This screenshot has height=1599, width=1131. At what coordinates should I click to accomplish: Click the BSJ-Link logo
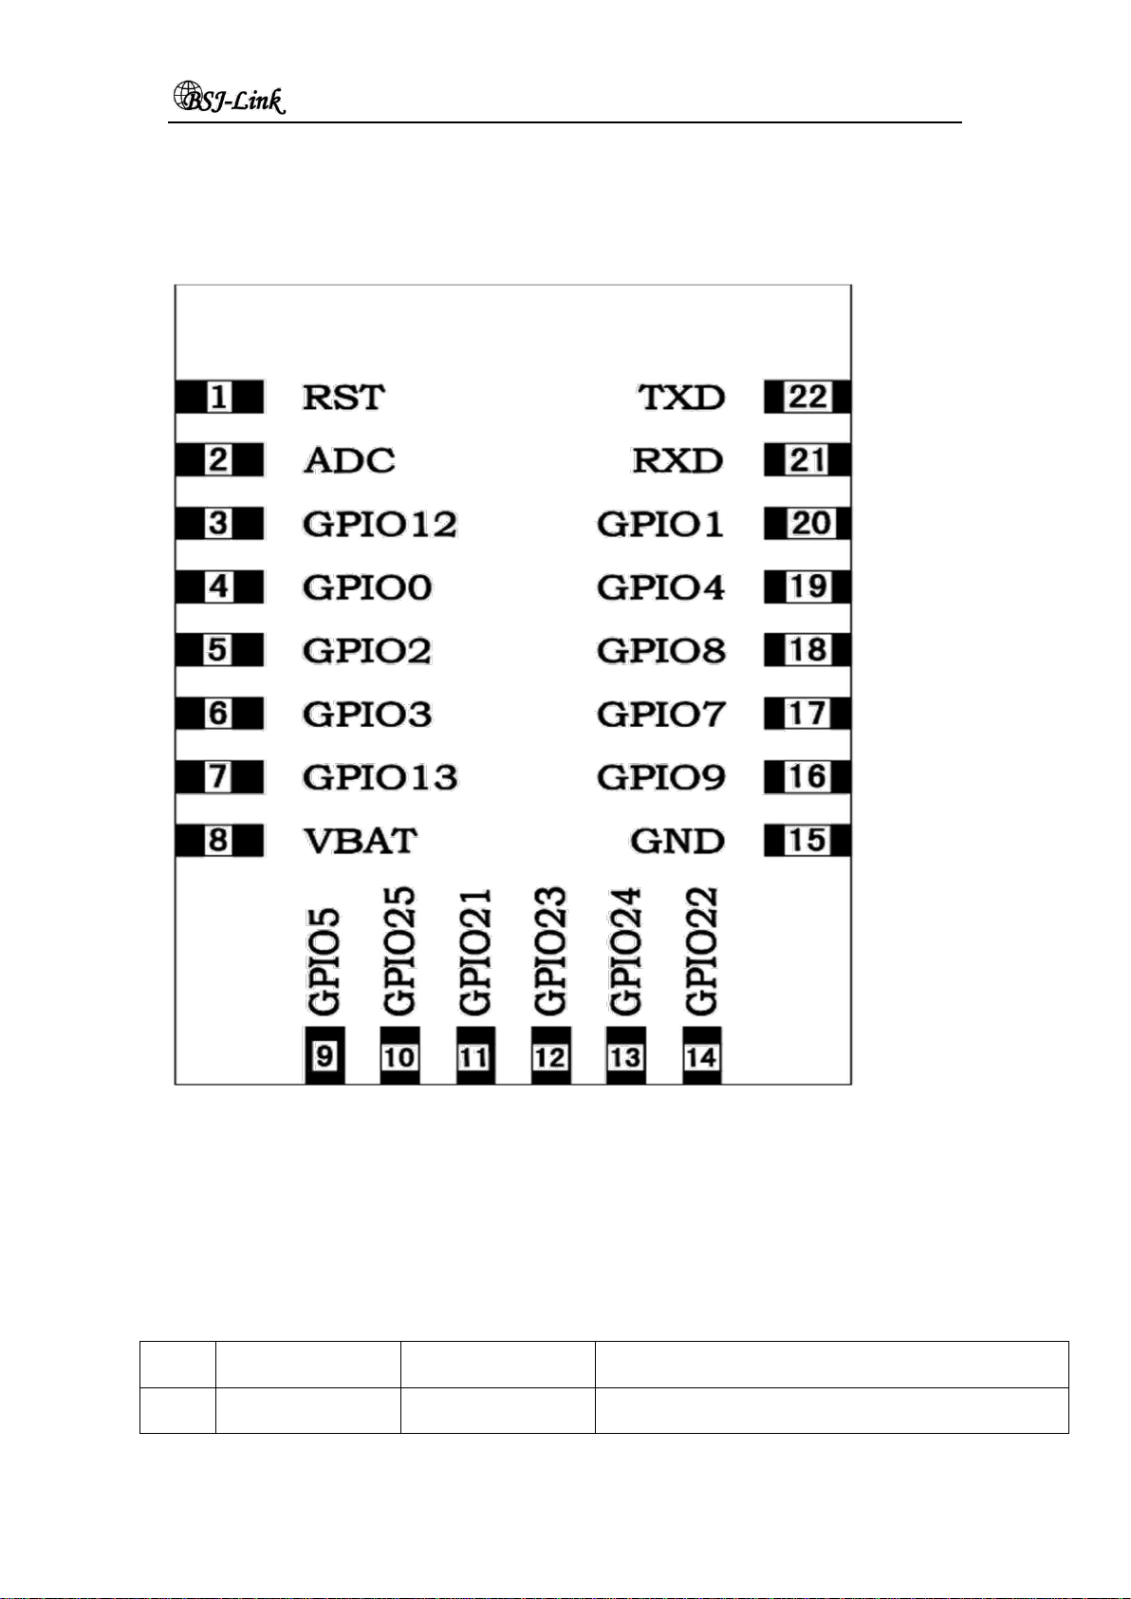pyautogui.click(x=229, y=99)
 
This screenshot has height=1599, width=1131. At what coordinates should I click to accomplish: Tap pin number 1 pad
pyautogui.click(x=219, y=397)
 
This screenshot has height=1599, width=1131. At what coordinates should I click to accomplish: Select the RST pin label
pyautogui.click(x=343, y=397)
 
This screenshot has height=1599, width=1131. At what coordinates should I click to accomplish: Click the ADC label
pyautogui.click(x=349, y=460)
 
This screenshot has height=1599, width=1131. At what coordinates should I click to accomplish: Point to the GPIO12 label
pyautogui.click(x=380, y=524)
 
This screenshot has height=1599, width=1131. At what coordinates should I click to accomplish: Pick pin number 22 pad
pyautogui.click(x=807, y=397)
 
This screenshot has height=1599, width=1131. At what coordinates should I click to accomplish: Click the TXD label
pyautogui.click(x=681, y=397)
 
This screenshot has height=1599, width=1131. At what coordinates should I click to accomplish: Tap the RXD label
pyautogui.click(x=678, y=460)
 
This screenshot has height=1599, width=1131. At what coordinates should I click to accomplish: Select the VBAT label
pyautogui.click(x=360, y=841)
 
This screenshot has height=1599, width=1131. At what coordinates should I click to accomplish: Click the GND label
pyautogui.click(x=677, y=841)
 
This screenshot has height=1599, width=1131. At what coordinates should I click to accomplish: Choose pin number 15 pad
pyautogui.click(x=807, y=840)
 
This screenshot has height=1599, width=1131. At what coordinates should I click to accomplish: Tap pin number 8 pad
pyautogui.click(x=219, y=840)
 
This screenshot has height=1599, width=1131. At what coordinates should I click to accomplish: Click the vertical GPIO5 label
pyautogui.click(x=324, y=961)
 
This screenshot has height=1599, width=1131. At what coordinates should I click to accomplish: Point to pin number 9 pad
pyautogui.click(x=324, y=1055)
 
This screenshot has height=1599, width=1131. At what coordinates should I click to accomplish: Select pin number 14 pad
pyautogui.click(x=701, y=1055)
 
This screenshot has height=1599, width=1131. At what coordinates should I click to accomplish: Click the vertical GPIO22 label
pyautogui.click(x=701, y=951)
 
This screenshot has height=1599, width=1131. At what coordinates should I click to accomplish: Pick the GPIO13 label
pyautogui.click(x=380, y=777)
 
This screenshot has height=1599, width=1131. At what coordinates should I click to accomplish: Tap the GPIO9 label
pyautogui.click(x=661, y=777)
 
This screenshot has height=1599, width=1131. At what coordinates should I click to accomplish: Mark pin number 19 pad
pyautogui.click(x=807, y=586)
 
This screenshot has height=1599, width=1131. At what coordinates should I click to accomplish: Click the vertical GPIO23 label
pyautogui.click(x=550, y=951)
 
